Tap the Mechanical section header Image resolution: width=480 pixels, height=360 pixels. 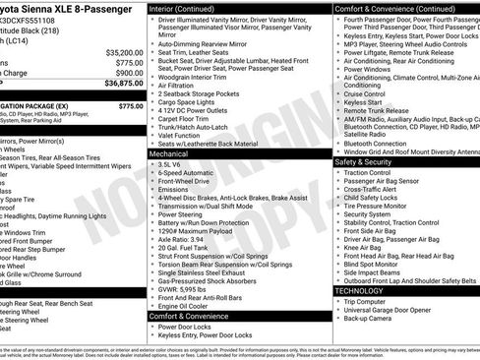[x=169, y=154]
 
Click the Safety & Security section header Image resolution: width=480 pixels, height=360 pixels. [x=369, y=161]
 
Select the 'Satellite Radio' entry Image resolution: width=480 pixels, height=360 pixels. [x=368, y=134]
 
